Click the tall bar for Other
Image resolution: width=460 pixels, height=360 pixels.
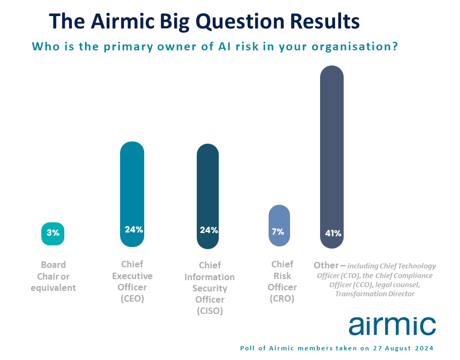point(332,157)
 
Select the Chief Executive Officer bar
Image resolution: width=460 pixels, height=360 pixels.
point(132,194)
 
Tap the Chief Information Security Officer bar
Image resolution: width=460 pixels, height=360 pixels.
point(207,196)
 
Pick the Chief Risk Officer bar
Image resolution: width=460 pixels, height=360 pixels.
point(279,226)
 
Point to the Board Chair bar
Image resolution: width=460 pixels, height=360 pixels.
point(53,234)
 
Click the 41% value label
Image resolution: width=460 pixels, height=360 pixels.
point(333,234)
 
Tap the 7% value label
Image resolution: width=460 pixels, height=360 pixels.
point(278,232)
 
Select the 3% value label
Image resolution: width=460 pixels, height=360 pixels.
point(53,233)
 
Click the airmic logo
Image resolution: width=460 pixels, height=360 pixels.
point(392,325)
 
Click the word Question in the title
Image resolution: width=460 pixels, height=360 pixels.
point(240,22)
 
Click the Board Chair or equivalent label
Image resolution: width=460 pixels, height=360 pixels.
point(53,276)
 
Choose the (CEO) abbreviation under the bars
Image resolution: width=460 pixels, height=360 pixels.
point(132,298)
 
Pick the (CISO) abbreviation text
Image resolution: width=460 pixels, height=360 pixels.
point(210,311)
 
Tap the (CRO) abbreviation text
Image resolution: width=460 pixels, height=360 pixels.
point(282,298)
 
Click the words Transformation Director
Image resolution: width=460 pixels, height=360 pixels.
point(375,294)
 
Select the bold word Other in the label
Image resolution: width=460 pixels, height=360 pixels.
point(326,265)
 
